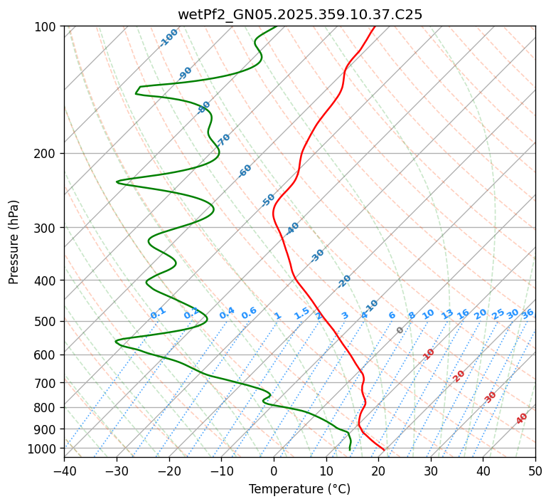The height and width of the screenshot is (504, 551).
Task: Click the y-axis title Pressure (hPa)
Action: (14, 242)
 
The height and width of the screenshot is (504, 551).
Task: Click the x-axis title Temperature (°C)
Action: (299, 489)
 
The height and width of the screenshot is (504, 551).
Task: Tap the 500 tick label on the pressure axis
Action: (46, 321)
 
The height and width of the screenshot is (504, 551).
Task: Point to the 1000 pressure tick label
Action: (43, 448)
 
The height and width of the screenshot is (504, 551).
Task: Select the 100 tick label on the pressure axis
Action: (46, 27)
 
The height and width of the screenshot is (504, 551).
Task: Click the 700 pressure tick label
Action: (46, 383)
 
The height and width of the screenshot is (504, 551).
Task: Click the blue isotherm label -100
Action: (169, 38)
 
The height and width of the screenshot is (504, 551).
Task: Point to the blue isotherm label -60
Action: (245, 171)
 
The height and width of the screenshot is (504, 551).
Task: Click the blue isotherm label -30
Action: (318, 256)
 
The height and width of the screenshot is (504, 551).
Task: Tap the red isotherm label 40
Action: (522, 419)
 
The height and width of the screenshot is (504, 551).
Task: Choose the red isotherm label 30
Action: (491, 397)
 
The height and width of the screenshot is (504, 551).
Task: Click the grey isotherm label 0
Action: (400, 330)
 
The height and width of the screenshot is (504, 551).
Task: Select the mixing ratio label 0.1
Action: (158, 313)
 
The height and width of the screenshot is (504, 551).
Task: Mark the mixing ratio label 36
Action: (528, 313)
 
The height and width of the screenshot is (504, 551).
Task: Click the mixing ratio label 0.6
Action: (249, 313)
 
